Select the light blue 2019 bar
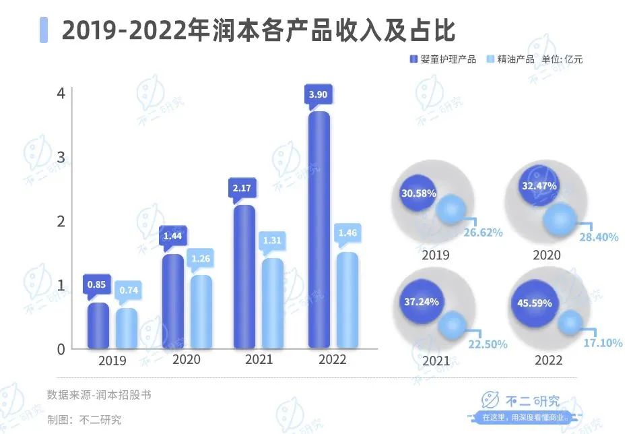click(126, 329)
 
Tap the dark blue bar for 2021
click(244, 277)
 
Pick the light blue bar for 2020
click(201, 312)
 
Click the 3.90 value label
click(318, 95)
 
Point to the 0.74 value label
click(126, 290)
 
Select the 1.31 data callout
click(272, 240)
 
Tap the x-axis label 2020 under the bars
click(187, 359)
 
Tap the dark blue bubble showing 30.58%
click(418, 193)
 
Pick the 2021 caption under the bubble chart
click(436, 361)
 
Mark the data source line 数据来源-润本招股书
click(99, 395)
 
